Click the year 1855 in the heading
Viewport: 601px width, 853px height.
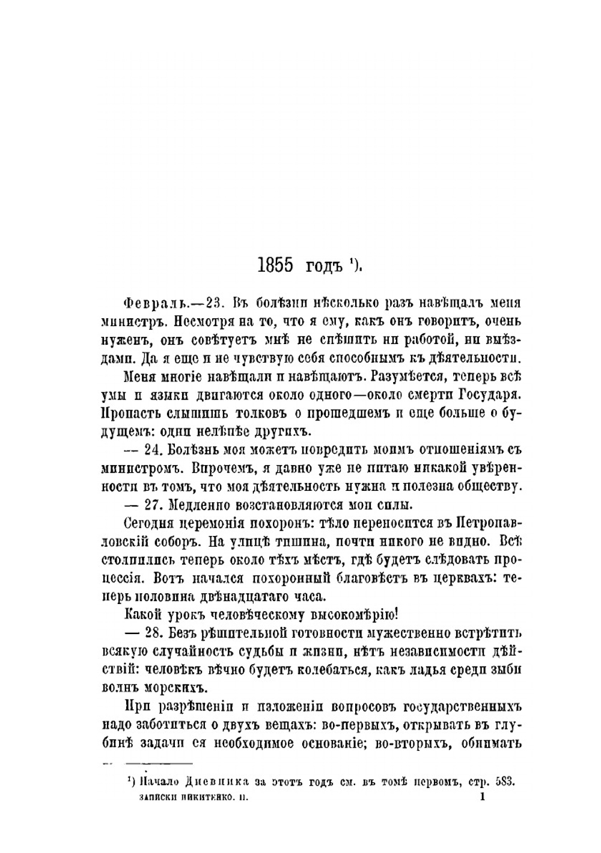coord(275,265)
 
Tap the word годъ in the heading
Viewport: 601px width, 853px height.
coord(324,265)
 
